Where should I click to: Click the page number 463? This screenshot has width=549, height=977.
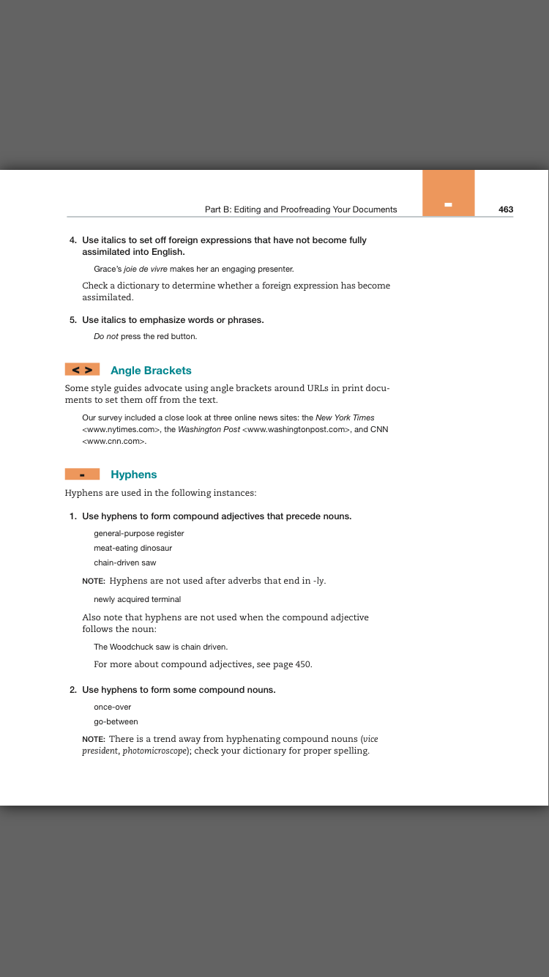click(x=506, y=209)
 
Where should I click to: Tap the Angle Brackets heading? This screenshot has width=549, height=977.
click(x=151, y=371)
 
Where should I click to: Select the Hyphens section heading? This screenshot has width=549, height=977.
click(x=134, y=475)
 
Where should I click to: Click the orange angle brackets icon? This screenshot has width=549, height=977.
click(x=82, y=370)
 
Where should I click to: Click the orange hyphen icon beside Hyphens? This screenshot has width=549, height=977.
click(x=82, y=475)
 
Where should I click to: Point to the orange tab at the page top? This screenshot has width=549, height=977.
click(x=448, y=193)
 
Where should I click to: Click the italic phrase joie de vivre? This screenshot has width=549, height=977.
click(x=146, y=270)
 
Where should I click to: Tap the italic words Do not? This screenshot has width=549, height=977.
click(x=106, y=337)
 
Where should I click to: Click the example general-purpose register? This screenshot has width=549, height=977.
click(x=139, y=533)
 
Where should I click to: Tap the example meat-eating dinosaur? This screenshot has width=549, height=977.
click(x=132, y=548)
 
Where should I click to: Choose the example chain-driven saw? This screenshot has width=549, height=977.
click(x=124, y=562)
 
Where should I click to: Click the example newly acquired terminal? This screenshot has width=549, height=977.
click(x=137, y=599)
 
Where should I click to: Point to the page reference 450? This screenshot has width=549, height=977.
click(x=303, y=664)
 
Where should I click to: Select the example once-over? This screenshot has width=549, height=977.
click(x=112, y=707)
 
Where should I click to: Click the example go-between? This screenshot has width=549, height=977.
click(x=116, y=721)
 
